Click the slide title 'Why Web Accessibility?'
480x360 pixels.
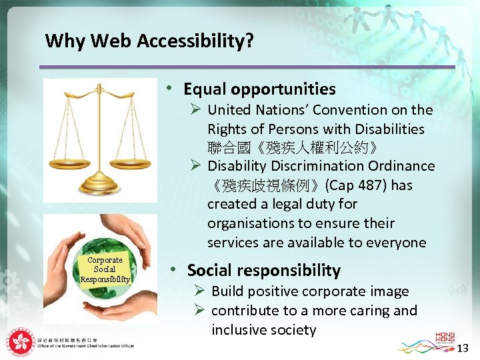(149, 41)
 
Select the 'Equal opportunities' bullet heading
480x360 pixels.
(259, 89)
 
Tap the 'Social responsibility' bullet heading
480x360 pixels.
(263, 271)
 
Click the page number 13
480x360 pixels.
(464, 348)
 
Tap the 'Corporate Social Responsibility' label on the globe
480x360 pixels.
(105, 269)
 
